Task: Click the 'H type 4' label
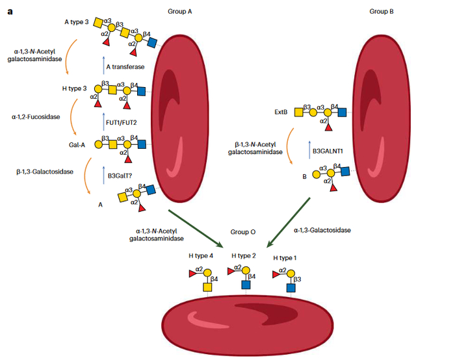(201, 257)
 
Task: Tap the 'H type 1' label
(285, 258)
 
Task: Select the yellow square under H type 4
(207, 287)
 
